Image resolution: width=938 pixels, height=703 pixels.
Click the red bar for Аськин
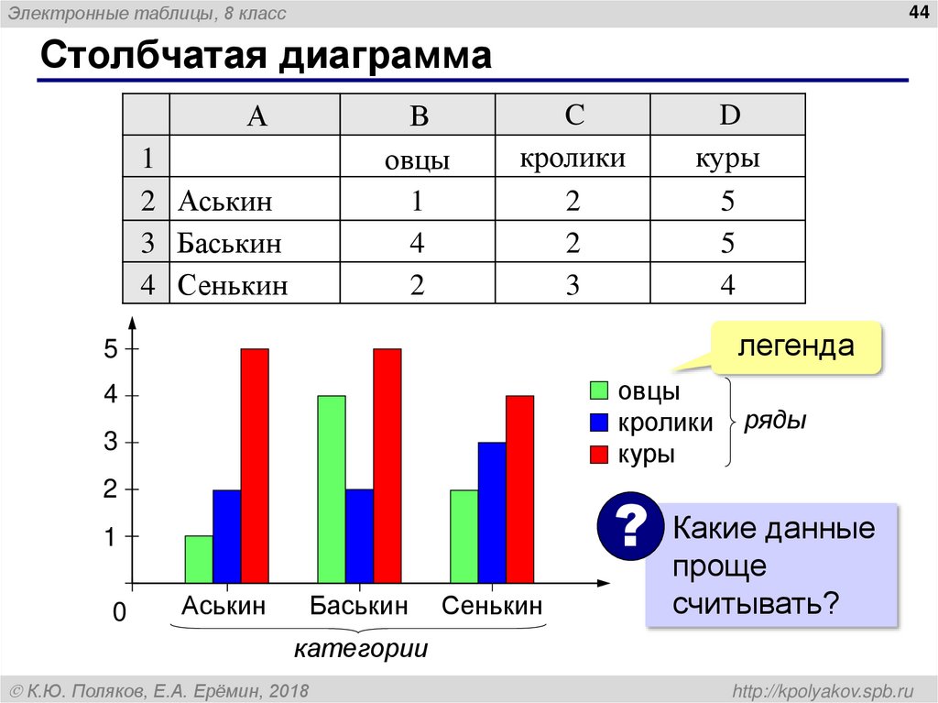point(255,466)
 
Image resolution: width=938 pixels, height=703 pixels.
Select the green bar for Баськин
point(332,489)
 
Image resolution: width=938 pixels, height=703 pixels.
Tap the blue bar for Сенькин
point(492,512)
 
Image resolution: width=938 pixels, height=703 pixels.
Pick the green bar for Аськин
point(199,559)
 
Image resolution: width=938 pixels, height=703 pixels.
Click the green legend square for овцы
point(600,390)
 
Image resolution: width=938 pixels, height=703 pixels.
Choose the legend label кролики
point(665,423)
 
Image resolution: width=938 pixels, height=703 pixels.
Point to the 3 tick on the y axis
point(111,443)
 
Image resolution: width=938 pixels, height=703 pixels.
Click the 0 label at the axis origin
point(118,613)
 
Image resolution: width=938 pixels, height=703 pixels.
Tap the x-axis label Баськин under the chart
point(358,606)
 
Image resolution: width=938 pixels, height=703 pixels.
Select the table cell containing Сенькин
point(234,285)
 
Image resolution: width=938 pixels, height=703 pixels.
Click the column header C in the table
point(573,115)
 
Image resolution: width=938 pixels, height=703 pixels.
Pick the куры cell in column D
point(727,159)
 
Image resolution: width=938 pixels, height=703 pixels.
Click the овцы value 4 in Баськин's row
point(417,243)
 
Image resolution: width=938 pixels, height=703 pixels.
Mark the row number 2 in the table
point(147,201)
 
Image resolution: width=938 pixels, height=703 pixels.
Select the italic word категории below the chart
point(361,649)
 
